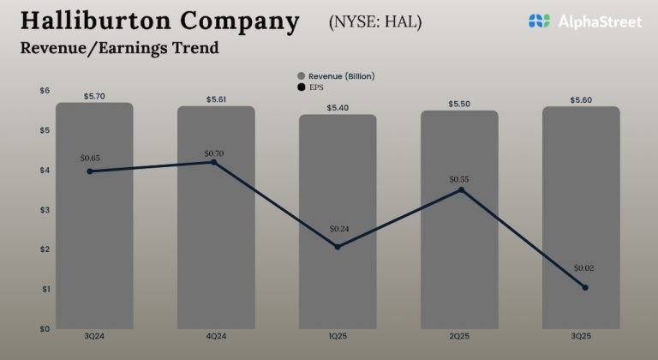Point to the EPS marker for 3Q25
coord(585,287)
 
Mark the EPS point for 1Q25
coord(338,247)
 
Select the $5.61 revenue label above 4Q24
coord(217,99)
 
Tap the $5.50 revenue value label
coord(460,104)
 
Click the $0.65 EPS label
coord(90,158)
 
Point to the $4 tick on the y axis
coord(45,170)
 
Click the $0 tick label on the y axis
coord(45,328)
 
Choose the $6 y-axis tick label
coord(45,90)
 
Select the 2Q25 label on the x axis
coord(459,339)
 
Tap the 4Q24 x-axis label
coord(216,339)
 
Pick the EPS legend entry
coord(317,87)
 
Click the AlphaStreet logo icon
coord(538,21)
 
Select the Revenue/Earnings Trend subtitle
coord(119,48)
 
